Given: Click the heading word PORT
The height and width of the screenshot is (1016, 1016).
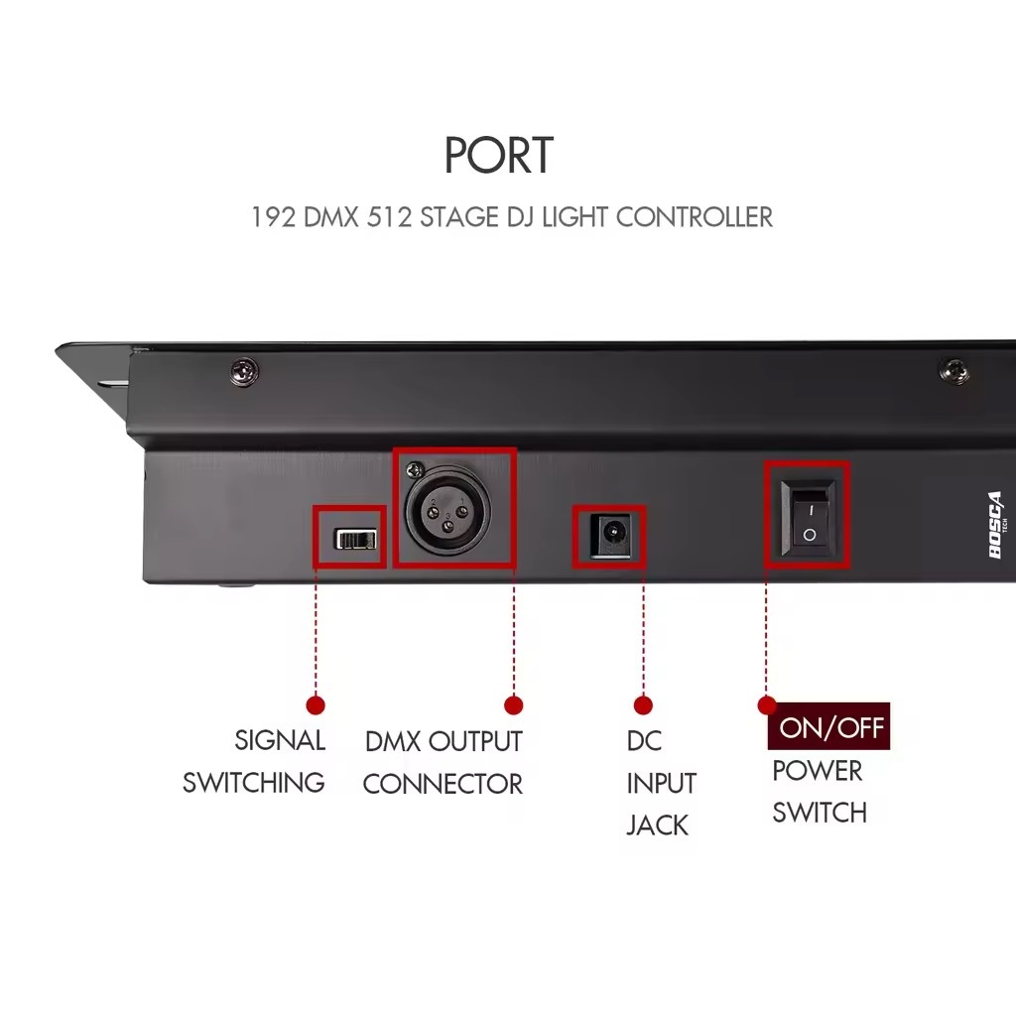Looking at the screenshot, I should pyautogui.click(x=498, y=156).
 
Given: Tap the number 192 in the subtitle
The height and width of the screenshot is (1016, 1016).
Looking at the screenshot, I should pyautogui.click(x=272, y=216).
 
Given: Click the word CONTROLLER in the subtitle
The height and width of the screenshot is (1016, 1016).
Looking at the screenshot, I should pyautogui.click(x=694, y=216).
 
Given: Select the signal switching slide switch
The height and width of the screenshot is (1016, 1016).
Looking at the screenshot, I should pyautogui.click(x=357, y=539).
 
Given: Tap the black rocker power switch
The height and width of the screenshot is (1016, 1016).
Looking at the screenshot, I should pyautogui.click(x=807, y=515).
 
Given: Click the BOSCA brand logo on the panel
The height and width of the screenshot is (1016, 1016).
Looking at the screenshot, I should pyautogui.click(x=996, y=526).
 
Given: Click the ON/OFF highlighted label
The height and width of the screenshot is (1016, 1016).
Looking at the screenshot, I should pyautogui.click(x=830, y=727).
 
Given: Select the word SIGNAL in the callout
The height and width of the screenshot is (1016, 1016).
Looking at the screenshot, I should pyautogui.click(x=280, y=740).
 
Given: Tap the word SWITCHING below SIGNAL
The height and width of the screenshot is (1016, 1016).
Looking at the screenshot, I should pyautogui.click(x=253, y=782).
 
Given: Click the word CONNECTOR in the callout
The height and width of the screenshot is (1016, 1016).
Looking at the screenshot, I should pyautogui.click(x=443, y=784).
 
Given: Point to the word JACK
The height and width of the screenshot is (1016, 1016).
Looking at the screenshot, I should pyautogui.click(x=657, y=825).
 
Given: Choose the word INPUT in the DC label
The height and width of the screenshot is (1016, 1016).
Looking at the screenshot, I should pyautogui.click(x=661, y=783).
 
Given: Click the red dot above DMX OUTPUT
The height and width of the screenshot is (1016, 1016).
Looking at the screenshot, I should pyautogui.click(x=513, y=705).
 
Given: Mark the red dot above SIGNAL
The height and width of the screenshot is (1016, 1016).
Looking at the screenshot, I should pyautogui.click(x=317, y=705).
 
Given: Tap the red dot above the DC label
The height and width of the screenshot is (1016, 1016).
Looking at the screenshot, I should pyautogui.click(x=643, y=705).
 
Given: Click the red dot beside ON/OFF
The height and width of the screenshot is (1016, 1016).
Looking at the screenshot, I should pyautogui.click(x=766, y=705).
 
